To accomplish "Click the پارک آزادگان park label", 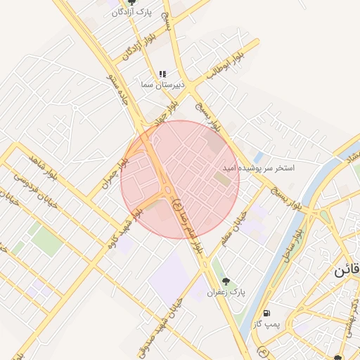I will pyautogui.click(x=131, y=13).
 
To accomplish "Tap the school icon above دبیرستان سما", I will pyautogui.click(x=162, y=74).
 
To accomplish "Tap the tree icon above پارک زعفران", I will pyautogui.click(x=226, y=281).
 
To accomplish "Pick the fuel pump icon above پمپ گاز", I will pyautogui.click(x=266, y=313).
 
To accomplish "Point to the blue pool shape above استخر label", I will pyautogui.click(x=258, y=157).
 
